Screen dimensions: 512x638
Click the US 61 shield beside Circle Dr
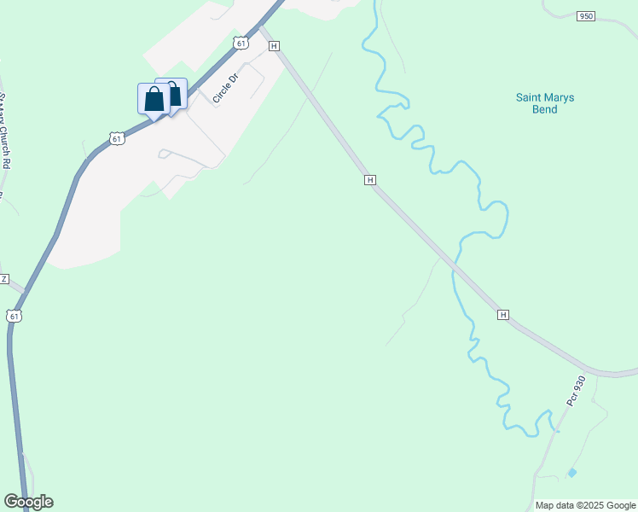[242, 42]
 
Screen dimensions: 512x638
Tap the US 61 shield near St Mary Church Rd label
[117, 137]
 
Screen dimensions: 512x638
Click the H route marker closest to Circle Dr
[274, 46]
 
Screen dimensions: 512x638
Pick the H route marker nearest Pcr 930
[503, 315]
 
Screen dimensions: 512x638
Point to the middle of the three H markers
[369, 180]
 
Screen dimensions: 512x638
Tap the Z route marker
[4, 279]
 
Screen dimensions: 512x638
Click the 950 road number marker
[585, 16]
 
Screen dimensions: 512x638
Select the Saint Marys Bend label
[545, 103]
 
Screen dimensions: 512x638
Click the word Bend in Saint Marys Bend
[544, 109]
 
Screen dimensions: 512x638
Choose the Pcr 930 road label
[577, 390]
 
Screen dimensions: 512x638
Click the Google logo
[29, 502]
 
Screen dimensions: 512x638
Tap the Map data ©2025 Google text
[584, 505]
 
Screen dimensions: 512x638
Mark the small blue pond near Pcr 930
[571, 472]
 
